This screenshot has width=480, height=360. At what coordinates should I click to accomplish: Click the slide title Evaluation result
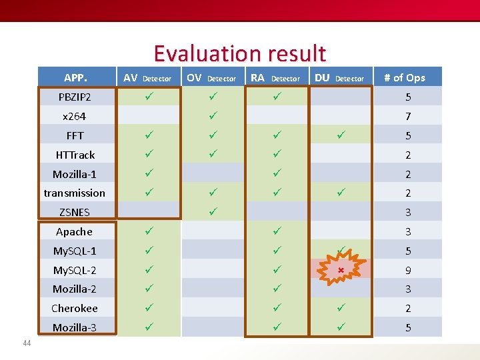[240, 53]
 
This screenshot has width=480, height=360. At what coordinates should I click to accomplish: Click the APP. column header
[75, 78]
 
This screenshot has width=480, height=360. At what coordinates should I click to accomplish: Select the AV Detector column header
[147, 78]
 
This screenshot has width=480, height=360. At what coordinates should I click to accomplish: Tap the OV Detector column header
[211, 78]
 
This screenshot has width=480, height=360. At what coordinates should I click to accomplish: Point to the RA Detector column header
[275, 78]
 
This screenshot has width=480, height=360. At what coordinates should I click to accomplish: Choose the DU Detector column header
[339, 78]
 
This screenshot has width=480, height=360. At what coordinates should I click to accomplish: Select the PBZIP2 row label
[75, 97]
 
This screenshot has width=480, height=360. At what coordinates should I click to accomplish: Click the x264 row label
[74, 117]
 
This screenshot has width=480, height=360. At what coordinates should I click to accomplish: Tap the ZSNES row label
[75, 213]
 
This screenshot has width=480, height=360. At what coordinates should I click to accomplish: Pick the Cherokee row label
[75, 309]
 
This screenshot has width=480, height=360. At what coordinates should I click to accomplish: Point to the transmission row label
[75, 193]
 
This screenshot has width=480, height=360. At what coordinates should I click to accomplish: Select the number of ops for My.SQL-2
[408, 271]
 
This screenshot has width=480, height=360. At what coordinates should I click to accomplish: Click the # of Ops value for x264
[408, 117]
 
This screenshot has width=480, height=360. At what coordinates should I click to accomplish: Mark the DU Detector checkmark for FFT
[341, 135]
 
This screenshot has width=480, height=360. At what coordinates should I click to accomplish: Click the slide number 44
[27, 343]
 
